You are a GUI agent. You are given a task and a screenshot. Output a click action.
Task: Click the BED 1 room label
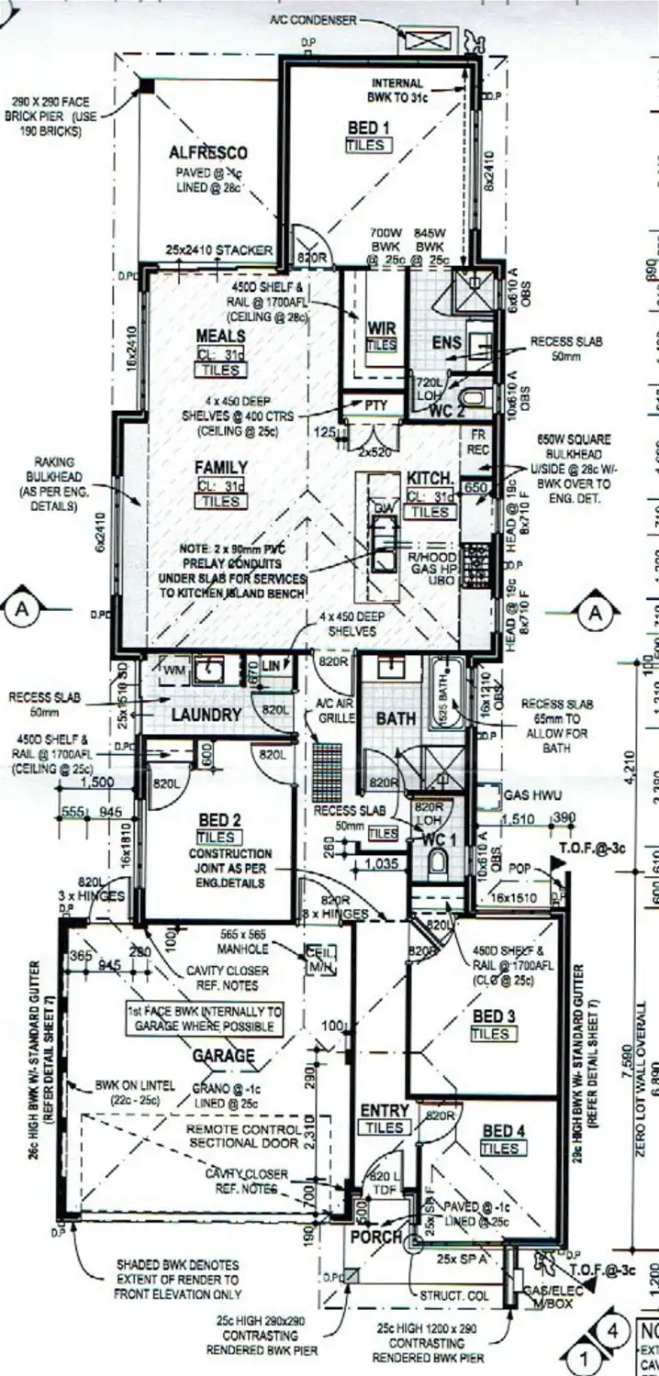pyautogui.click(x=368, y=128)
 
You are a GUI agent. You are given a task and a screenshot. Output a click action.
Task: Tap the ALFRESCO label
pyautogui.click(x=208, y=152)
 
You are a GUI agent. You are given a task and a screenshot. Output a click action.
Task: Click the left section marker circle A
pyautogui.click(x=20, y=609)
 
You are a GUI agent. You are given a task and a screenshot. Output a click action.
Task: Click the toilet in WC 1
pyautogui.click(x=439, y=861)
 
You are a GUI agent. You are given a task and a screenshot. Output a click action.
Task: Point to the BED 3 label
pyautogui.click(x=493, y=1016)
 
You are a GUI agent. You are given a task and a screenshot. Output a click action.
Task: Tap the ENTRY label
pyautogui.click(x=384, y=1111)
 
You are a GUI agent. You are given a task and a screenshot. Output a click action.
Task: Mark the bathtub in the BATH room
pyautogui.click(x=447, y=696)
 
